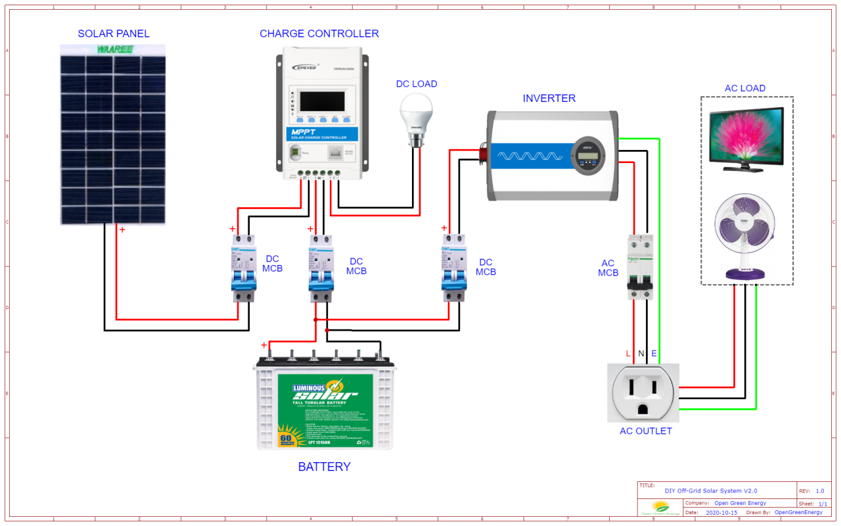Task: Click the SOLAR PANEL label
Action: tap(114, 34)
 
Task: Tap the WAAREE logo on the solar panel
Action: tap(113, 50)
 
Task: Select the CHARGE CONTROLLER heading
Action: tap(319, 34)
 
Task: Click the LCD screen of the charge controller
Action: tap(322, 101)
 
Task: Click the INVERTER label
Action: tap(549, 99)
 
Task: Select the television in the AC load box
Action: tap(746, 139)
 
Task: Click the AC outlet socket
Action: tap(643, 393)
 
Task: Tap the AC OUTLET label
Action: tap(646, 431)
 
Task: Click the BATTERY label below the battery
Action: tap(324, 467)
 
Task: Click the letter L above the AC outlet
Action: tap(628, 354)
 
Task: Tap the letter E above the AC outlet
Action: tap(654, 354)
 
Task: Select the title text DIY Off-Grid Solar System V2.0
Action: tap(711, 490)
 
